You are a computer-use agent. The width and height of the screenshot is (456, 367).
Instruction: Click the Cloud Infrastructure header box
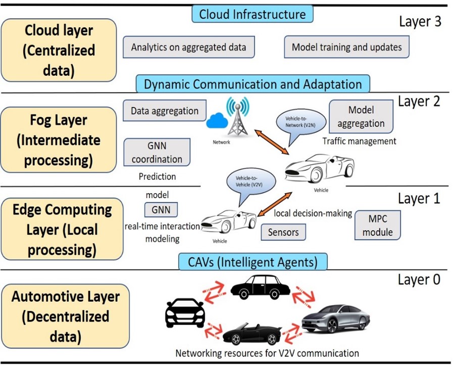click(252, 14)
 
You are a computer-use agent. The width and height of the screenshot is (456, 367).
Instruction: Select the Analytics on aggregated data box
click(188, 48)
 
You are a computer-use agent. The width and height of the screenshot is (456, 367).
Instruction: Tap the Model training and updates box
click(346, 48)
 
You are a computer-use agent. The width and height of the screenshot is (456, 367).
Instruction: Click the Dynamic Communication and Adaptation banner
click(252, 84)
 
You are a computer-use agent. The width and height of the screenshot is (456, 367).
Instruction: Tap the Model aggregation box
click(361, 116)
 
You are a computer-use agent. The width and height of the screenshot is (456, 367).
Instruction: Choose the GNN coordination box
click(157, 152)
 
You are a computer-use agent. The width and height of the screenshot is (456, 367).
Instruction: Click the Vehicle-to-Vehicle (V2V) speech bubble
click(249, 181)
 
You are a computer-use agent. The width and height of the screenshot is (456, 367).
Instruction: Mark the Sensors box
click(283, 233)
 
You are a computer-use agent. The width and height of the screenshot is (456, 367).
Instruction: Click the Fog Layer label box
click(58, 140)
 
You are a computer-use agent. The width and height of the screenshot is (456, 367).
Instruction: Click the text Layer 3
click(420, 21)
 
